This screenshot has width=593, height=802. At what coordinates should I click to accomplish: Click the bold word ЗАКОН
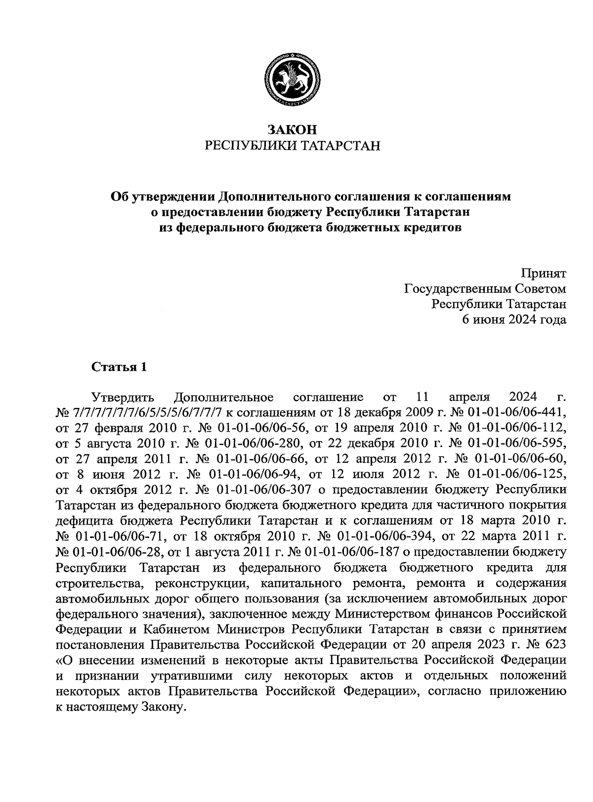click(x=292, y=130)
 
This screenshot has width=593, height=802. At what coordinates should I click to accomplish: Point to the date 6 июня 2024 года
click(x=514, y=319)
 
